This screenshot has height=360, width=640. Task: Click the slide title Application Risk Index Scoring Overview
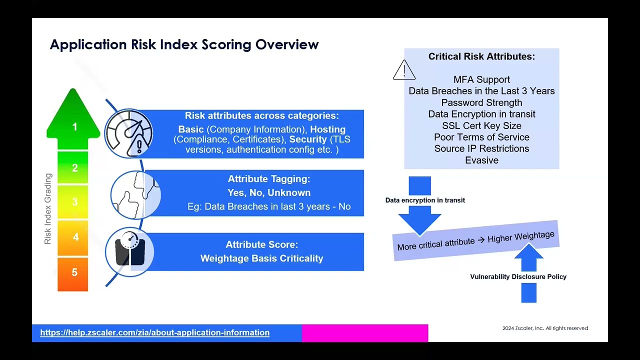coord(184,44)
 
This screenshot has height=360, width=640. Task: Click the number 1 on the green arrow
coord(74,127)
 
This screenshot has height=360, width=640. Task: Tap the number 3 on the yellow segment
coord(74,202)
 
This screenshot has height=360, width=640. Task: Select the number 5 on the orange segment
coord(74,272)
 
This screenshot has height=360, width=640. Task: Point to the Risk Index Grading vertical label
coord(48,209)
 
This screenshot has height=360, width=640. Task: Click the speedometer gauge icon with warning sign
coord(129,134)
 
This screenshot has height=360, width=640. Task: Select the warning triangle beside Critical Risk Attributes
coord(404,70)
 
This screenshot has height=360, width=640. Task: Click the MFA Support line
coord(481,79)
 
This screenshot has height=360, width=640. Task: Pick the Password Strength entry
coord(481,102)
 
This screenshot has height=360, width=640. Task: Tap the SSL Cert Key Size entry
coord(481,125)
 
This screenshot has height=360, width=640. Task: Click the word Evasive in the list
coord(481,160)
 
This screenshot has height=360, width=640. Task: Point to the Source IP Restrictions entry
coord(481,148)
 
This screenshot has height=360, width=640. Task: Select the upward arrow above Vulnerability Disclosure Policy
coord(528,256)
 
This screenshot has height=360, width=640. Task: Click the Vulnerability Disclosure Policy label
coord(518,276)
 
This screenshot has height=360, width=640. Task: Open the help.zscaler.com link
coord(154,332)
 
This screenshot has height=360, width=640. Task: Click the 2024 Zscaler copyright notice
coord(545,328)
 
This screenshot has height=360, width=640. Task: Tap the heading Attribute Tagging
coord(269,179)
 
